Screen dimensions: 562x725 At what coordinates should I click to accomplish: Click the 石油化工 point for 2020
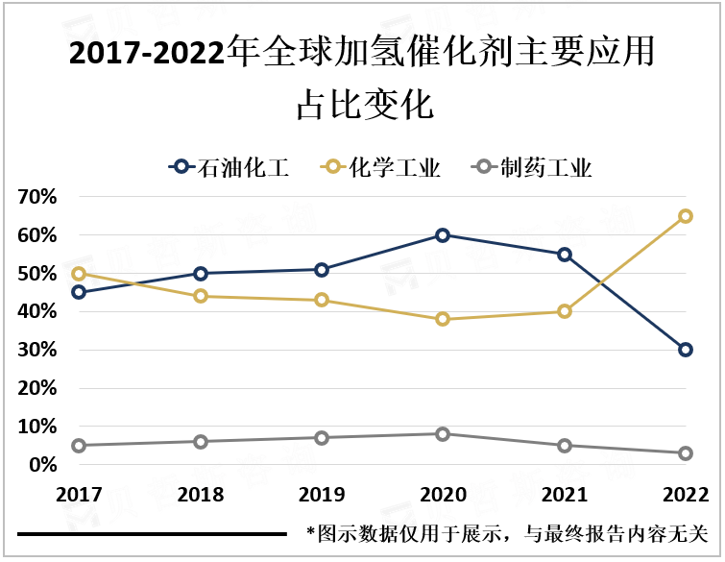tap(443, 235)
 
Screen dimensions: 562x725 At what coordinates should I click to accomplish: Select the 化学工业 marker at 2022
tap(686, 216)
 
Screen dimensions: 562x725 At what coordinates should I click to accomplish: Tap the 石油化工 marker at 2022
tap(686, 350)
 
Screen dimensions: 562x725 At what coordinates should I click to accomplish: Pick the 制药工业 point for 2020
tap(443, 434)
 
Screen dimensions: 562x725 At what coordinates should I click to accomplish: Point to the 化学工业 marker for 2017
tap(79, 274)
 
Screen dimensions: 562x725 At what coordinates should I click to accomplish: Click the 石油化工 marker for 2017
tap(79, 292)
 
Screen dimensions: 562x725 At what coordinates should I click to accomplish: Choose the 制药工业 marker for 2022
tap(686, 453)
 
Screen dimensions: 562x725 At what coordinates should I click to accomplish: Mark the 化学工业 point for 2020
tap(443, 319)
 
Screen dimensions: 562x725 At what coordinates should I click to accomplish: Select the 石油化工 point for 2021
tap(565, 255)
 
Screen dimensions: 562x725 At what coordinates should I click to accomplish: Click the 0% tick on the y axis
tap(43, 465)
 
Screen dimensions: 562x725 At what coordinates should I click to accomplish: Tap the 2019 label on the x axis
tap(321, 495)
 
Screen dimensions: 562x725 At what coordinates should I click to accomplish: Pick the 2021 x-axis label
tap(565, 495)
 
